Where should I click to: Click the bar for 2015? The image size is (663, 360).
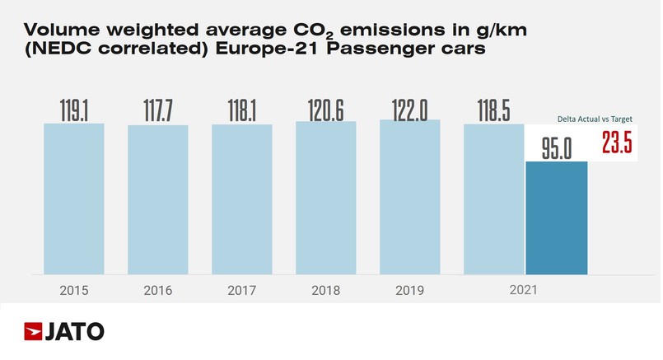tap(73, 199)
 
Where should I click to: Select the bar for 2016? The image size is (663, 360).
tap(158, 199)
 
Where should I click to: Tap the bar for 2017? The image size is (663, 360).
tap(242, 199)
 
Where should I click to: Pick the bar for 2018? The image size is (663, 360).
tap(326, 198)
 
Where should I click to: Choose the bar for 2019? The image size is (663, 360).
tap(410, 197)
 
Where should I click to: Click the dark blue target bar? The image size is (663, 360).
tap(557, 218)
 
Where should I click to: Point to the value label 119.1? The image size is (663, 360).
tap(73, 110)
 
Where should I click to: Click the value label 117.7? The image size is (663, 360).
tap(158, 110)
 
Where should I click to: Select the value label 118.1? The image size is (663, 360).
tap(242, 110)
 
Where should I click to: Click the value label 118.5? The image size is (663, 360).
tap(494, 110)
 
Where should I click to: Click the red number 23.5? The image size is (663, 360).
tap(616, 143)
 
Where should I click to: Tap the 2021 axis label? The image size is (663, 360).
tap(524, 290)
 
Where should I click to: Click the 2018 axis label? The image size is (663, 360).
tap(326, 290)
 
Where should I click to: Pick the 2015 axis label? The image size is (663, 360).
tap(73, 290)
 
